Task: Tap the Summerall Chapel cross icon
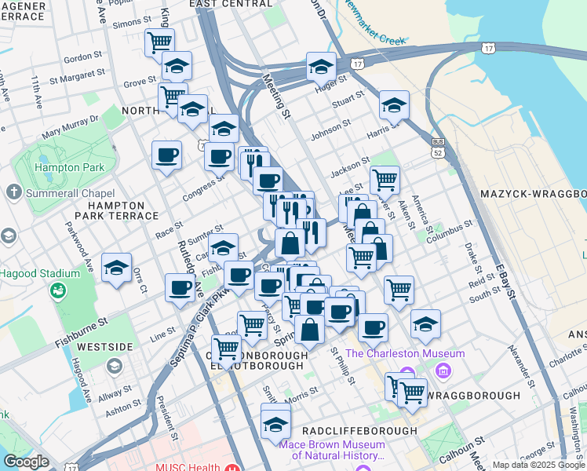click(x=13, y=192)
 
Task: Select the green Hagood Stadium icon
click(x=57, y=291)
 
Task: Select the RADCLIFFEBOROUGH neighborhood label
click(x=359, y=431)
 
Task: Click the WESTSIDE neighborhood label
click(x=105, y=346)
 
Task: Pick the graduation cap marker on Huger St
click(x=321, y=68)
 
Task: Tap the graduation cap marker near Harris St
click(x=394, y=105)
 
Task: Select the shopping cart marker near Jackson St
click(x=385, y=180)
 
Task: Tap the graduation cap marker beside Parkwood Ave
click(x=117, y=268)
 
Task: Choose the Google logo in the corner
click(x=26, y=462)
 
